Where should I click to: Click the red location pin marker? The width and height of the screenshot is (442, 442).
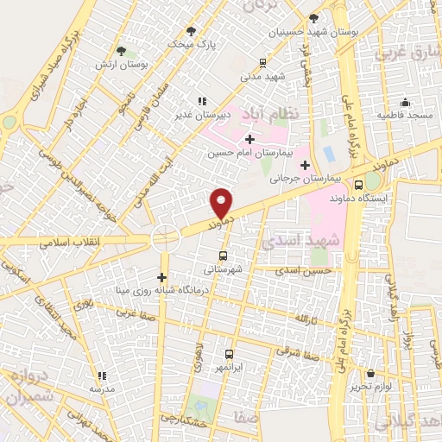(222, 203)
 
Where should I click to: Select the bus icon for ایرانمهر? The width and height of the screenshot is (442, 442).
(230, 354)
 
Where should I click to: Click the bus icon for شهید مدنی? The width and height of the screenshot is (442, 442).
(263, 62)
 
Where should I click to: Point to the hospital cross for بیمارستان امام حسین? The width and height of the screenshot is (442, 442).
(250, 139)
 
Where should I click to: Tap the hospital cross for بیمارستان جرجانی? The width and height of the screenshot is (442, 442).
(305, 164)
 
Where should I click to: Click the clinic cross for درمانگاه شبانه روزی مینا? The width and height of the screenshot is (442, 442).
(161, 276)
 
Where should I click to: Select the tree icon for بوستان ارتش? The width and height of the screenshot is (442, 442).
(121, 50)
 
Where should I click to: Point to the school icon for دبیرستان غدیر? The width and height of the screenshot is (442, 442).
(202, 100)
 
